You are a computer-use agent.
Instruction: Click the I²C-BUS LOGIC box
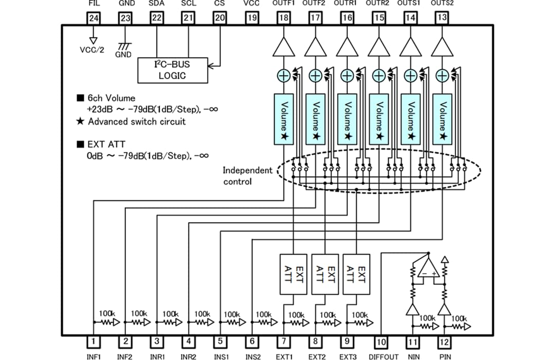coord(173,70)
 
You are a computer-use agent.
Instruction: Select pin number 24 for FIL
coord(94,18)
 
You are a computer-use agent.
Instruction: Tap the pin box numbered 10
coord(381,341)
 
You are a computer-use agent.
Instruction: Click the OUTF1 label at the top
coord(283,4)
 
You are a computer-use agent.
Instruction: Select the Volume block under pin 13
coord(442,119)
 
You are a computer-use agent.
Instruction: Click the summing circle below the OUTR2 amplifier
coord(378,76)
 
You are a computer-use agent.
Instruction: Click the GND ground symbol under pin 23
coord(123,47)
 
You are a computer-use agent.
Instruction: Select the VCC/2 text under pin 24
coord(93,50)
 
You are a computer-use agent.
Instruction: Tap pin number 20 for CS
coord(220,18)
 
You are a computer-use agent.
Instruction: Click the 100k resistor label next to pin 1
coord(107,313)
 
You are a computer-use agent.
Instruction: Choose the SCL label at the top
coord(189,4)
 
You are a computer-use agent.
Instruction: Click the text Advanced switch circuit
coord(136,122)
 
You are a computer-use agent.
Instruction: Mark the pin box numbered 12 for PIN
coord(445,341)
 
